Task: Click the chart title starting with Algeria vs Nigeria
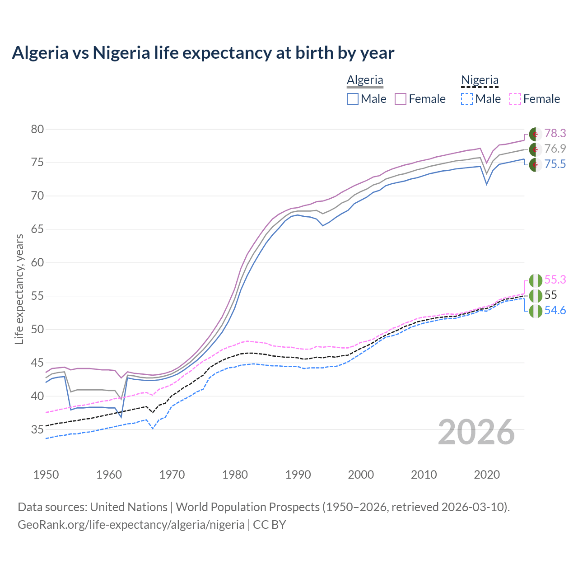[x=203, y=53]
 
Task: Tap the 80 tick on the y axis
[x=37, y=130]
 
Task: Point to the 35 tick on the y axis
[x=37, y=429]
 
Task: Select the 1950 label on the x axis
[x=46, y=475]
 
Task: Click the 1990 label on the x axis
[x=298, y=475]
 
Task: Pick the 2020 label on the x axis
[x=487, y=475]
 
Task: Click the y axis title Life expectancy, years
[x=19, y=289]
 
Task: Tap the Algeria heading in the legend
[x=365, y=80]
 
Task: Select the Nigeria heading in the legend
[x=480, y=80]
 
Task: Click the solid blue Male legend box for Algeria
[x=353, y=99]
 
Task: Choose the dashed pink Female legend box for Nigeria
[x=515, y=99]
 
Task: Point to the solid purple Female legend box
[x=401, y=99]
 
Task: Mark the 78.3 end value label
[x=555, y=133]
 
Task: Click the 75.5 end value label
[x=555, y=164]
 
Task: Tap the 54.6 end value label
[x=555, y=310]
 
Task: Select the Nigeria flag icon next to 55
[x=536, y=296]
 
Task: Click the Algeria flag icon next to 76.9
[x=536, y=149]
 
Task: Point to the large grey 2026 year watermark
[x=476, y=432]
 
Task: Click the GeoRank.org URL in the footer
[x=131, y=524]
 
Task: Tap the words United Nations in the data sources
[x=129, y=507]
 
